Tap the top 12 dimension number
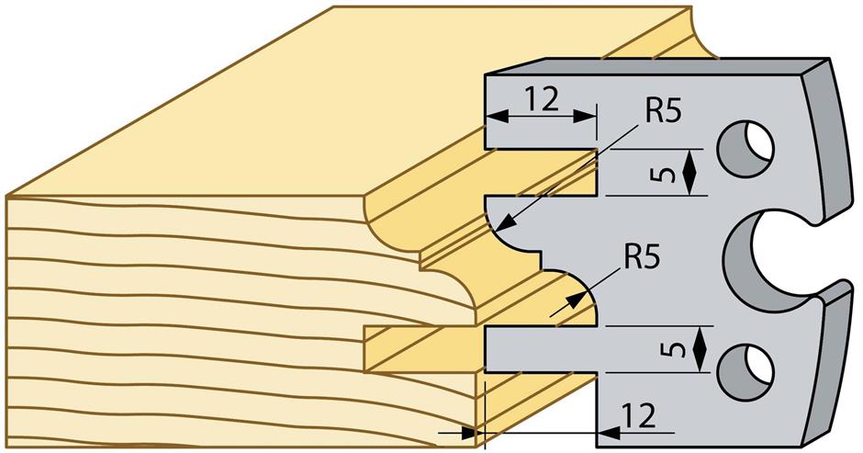pyautogui.click(x=543, y=98)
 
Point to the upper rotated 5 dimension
pyautogui.click(x=671, y=172)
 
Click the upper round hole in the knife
pyautogui.click(x=745, y=147)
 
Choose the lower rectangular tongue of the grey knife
pyautogui.click(x=542, y=350)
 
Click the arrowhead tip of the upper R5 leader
pyautogui.click(x=504, y=226)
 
